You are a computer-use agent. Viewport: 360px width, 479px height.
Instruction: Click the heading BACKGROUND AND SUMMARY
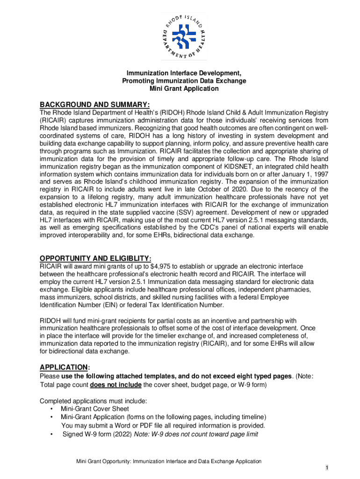pos(94,104)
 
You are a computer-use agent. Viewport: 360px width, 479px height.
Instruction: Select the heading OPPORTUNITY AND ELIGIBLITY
pos(95,258)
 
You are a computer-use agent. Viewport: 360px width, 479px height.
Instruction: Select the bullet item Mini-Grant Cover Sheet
pos(94,409)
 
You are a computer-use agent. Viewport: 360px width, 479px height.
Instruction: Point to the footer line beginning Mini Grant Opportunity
pos(169,461)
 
